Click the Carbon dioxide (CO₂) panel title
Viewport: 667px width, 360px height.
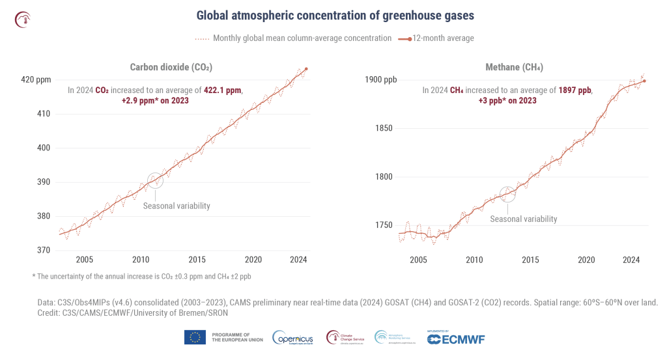(x=171, y=67)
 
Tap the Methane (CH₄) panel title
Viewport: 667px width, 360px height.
(x=514, y=67)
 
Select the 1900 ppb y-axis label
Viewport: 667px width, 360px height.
(x=381, y=80)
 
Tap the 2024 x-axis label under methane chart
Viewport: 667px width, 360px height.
(x=631, y=260)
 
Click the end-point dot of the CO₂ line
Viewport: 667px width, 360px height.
(x=306, y=69)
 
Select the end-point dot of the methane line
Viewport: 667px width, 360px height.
(x=644, y=81)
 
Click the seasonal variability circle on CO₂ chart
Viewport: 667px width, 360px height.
(x=155, y=181)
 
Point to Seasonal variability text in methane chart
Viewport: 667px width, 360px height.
(x=523, y=219)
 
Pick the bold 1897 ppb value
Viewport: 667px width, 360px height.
(x=575, y=90)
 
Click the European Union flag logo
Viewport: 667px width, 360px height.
(x=195, y=337)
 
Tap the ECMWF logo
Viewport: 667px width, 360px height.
(x=455, y=339)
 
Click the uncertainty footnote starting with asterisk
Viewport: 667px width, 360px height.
(x=141, y=277)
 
